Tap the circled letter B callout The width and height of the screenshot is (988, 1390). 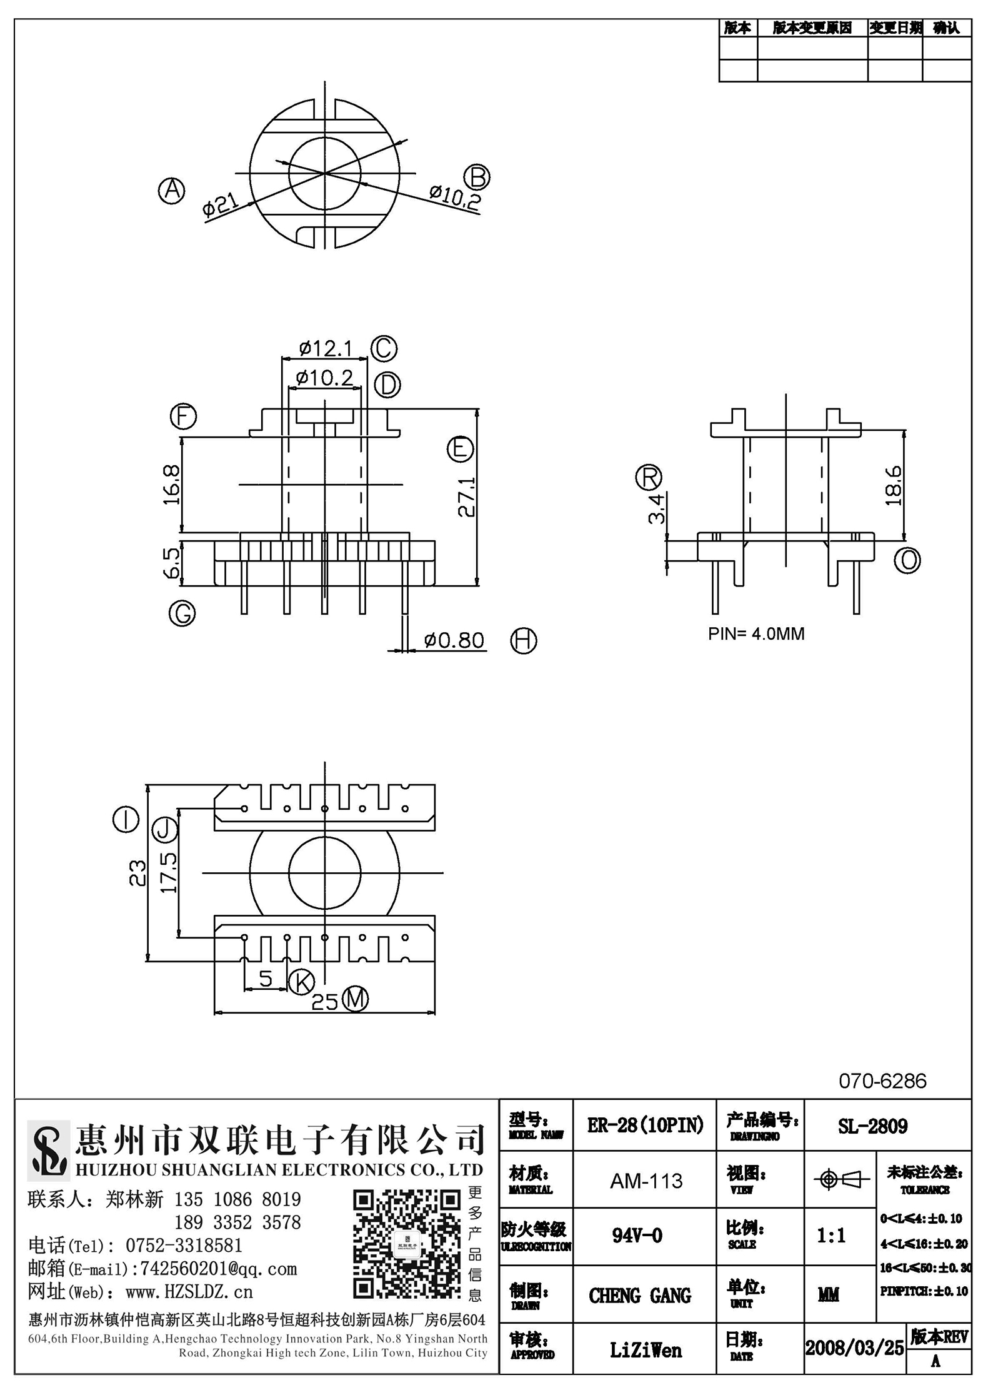[478, 177]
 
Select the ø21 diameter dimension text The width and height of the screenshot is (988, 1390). [219, 204]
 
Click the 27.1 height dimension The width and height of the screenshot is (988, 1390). [467, 497]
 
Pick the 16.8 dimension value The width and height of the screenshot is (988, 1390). [171, 485]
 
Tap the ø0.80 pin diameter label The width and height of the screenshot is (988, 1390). [454, 640]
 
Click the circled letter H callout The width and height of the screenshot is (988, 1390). [524, 640]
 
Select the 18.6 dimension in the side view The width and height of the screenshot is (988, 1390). [892, 485]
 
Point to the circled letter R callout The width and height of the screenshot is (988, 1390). [648, 478]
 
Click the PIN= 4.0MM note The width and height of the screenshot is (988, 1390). [756, 633]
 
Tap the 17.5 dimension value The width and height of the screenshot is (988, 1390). [169, 873]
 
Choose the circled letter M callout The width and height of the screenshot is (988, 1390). [355, 999]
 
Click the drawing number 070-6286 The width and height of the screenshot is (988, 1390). [882, 1081]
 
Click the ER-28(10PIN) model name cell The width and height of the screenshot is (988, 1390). [646, 1126]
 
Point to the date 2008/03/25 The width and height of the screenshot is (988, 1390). [854, 1347]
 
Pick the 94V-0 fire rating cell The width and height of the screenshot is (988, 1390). [637, 1236]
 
